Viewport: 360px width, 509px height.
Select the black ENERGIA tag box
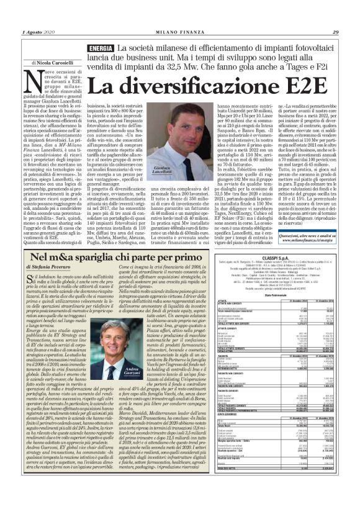pos(101,48)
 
